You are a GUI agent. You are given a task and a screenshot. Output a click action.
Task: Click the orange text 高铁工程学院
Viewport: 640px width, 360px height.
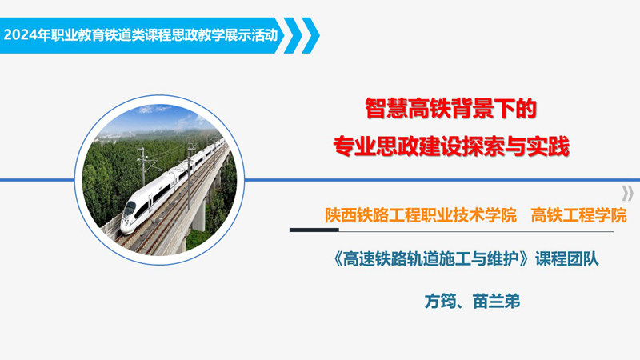578,215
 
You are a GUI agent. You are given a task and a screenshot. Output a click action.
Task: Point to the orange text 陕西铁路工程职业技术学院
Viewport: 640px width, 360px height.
421,215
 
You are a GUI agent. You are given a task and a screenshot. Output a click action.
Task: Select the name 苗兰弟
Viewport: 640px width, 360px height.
496,302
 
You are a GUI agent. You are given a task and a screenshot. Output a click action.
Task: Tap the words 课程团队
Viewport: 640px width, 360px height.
567,258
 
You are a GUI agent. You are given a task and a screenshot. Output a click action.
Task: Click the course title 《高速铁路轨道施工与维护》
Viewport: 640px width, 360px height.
432,258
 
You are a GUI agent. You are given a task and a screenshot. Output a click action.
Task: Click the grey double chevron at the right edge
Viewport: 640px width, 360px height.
627,193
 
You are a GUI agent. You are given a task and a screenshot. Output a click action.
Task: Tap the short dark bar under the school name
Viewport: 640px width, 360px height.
314,230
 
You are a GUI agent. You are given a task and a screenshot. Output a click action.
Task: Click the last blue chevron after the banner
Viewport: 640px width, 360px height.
310,35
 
